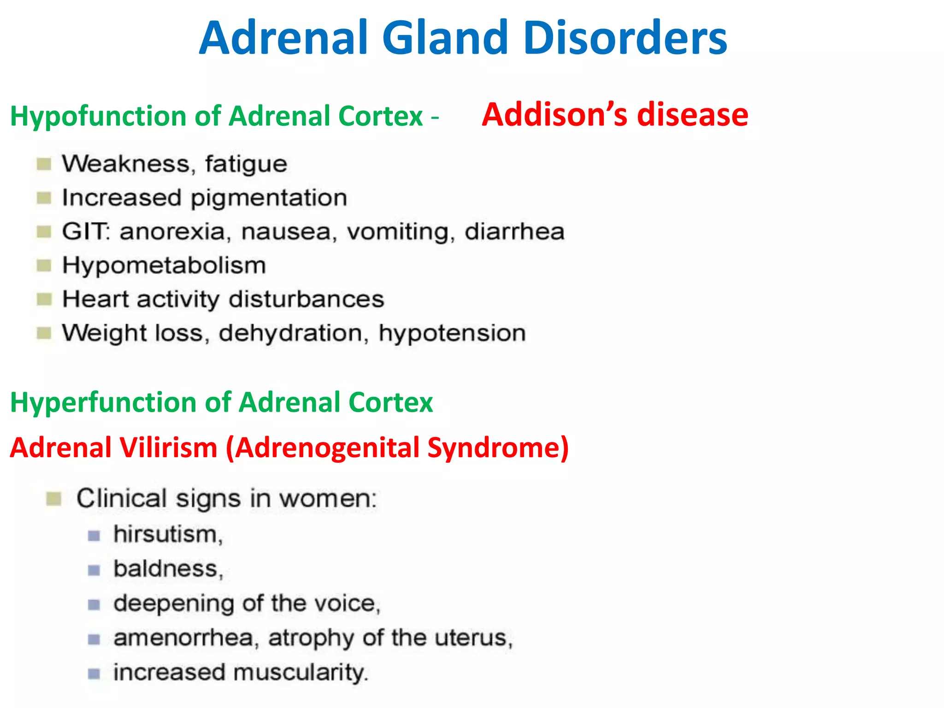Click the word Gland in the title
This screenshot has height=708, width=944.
pos(444,38)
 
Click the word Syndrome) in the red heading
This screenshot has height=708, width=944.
pos(498,448)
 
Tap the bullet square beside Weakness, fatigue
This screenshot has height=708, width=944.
pos(44,164)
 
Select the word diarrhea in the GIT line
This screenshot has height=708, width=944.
pos(514,231)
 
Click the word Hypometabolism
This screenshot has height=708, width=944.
pos(164,266)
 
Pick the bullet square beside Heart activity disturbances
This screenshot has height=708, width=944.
pos(44,300)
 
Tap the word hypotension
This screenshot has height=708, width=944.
pos(452,333)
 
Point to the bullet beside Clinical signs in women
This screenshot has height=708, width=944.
pos(54,499)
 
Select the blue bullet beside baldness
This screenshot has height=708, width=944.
pos(94,571)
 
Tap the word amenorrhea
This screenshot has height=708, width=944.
pos(183,638)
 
